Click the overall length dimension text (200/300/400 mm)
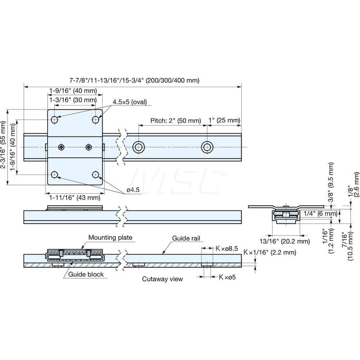click(x=134, y=80)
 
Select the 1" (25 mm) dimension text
click(x=224, y=121)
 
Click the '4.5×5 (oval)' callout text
click(x=130, y=102)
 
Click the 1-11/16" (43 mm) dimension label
click(x=75, y=198)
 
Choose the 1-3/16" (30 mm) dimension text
click(x=73, y=100)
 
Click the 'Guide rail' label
click(x=186, y=238)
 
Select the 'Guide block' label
click(x=86, y=274)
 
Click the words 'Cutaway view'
click(x=162, y=279)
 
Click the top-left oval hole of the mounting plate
click(x=54, y=120)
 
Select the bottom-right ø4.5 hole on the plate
click(x=95, y=175)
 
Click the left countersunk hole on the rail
click(x=139, y=147)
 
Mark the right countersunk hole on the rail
click(x=207, y=147)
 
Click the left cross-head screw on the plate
click(x=62, y=147)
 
